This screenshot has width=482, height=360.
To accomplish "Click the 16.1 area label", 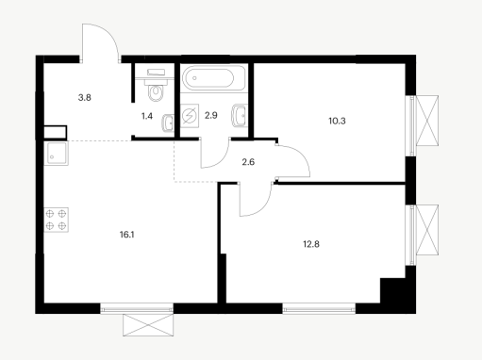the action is (127, 235).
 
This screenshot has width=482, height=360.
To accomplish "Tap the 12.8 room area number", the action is (311, 244).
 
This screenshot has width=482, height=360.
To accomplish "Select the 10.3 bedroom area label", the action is (337, 121).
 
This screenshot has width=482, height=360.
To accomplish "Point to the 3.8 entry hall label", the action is (85, 98).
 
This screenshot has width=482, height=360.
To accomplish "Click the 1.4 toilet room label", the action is (147, 116).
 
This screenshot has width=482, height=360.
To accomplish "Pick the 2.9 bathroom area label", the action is (211, 115).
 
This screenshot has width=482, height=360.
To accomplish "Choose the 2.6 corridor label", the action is (248, 162).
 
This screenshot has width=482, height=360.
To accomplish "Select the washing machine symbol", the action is (190, 116).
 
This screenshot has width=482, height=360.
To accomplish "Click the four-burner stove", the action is (56, 220).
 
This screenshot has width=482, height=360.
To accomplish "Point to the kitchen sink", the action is (56, 154).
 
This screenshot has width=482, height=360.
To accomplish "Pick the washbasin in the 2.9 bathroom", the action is (240, 116).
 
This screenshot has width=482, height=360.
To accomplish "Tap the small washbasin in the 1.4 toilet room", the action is (168, 123).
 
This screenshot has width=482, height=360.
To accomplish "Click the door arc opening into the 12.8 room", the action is (263, 206).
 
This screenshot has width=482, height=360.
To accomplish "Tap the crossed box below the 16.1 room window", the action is (148, 325).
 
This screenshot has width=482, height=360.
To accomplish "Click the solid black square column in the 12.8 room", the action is (392, 290).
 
